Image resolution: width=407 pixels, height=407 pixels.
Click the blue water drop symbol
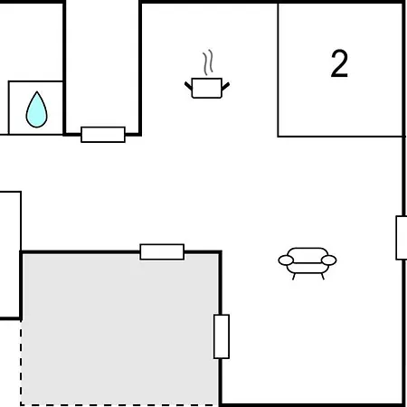coord(37,109)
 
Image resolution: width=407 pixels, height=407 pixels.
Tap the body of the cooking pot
coord(207,88)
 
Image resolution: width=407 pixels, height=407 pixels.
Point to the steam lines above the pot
coord(208,62)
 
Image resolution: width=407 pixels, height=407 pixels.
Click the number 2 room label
coord(339,63)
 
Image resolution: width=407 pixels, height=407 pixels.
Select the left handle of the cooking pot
coord(188,86)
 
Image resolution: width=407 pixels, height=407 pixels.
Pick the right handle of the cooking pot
coord(225,86)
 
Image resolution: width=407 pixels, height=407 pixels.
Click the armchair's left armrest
coord(286,260)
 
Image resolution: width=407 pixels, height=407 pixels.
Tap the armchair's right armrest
coord(329,260)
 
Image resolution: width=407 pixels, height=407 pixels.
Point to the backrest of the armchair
coord(308,252)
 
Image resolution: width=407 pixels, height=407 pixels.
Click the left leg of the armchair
coord(294,277)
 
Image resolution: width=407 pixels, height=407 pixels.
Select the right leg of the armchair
coord(323,276)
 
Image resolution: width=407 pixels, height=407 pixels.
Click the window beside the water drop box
coord(103,135)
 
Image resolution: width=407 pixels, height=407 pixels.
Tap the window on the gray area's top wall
coord(162,251)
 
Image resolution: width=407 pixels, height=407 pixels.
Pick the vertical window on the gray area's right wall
coord(222,336)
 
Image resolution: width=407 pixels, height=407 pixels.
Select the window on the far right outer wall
coord(402,238)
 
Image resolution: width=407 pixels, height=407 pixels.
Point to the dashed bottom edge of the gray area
coord(119,405)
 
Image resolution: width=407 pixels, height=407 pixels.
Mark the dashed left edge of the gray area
coord(21,363)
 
